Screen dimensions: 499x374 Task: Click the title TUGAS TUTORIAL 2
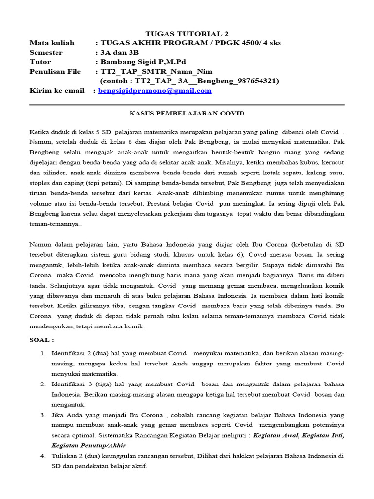(x=187, y=34)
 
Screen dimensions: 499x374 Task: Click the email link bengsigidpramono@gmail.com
(x=155, y=91)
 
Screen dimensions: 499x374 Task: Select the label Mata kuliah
(x=52, y=43)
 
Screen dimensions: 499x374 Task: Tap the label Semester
(x=46, y=53)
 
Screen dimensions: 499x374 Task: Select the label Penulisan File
(x=55, y=72)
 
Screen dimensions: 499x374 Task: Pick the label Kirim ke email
(x=56, y=91)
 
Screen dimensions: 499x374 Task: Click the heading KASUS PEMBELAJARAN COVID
(x=187, y=113)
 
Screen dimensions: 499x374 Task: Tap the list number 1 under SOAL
(x=43, y=352)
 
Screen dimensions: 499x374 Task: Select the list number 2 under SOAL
(x=43, y=384)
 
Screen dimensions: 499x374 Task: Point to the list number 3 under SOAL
(x=43, y=415)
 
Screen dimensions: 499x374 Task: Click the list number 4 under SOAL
(x=43, y=456)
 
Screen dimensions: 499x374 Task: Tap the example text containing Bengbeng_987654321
(x=189, y=81)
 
